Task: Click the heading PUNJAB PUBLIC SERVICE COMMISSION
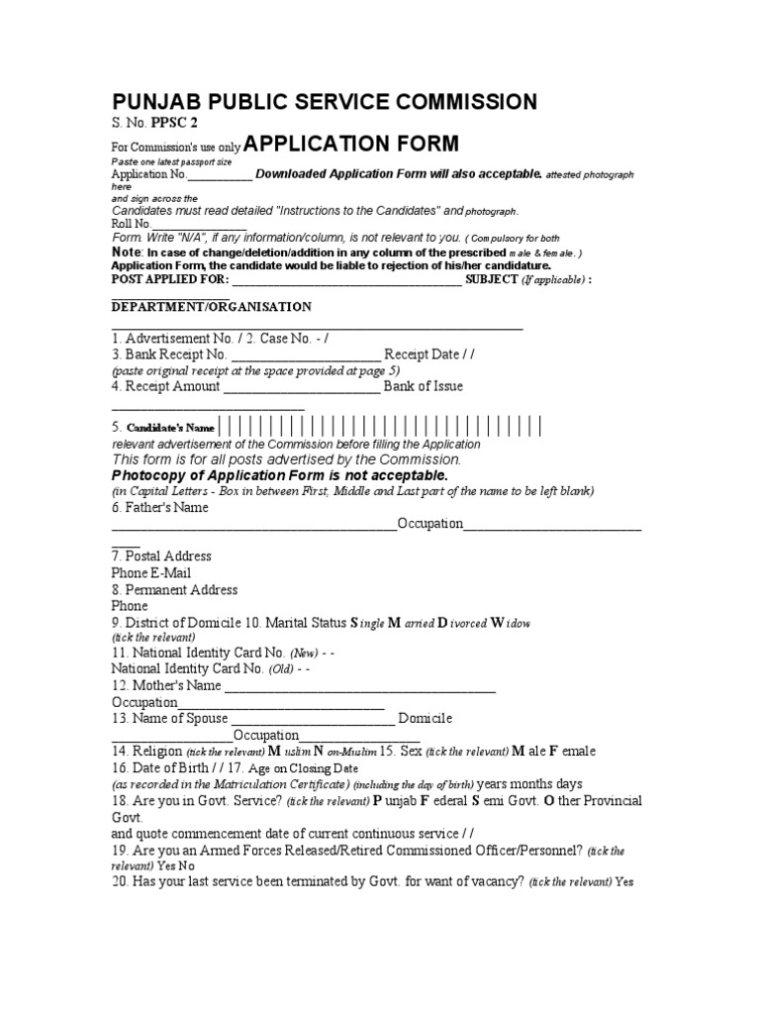(325, 102)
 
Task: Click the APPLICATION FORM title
(351, 145)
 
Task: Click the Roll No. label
(131, 224)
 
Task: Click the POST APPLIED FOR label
(165, 280)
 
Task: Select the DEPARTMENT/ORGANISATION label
(212, 307)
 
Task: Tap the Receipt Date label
(419, 355)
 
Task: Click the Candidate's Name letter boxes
(381, 428)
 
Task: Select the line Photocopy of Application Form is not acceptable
(272, 476)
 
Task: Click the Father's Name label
(160, 508)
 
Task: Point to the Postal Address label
(161, 557)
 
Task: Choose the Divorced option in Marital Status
(461, 623)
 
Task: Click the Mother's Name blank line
(360, 686)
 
